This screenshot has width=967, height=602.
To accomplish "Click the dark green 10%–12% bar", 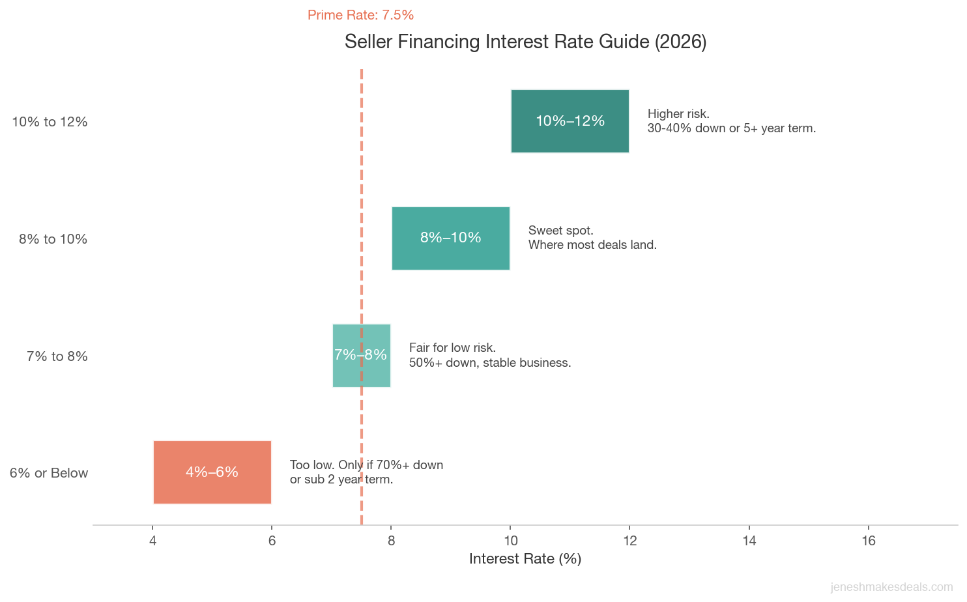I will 570,121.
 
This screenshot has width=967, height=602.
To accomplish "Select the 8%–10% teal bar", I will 450,238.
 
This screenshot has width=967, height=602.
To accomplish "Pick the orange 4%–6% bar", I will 212,472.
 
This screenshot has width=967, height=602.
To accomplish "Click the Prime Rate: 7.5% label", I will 360,15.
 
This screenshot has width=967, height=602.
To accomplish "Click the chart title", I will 525,42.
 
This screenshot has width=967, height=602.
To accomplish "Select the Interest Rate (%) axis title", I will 525,559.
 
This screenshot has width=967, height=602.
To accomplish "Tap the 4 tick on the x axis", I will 152,541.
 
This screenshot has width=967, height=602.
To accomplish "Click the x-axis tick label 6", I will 272,541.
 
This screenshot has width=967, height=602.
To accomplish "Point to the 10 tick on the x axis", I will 510,541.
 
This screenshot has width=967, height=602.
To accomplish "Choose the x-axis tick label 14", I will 749,541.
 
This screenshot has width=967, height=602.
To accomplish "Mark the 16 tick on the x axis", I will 869,541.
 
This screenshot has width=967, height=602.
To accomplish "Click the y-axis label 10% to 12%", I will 50,122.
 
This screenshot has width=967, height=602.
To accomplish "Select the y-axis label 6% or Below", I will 49,473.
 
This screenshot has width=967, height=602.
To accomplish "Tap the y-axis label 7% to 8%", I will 57,356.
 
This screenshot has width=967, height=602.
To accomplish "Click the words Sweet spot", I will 560,231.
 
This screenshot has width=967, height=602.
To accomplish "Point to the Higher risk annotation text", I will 678,114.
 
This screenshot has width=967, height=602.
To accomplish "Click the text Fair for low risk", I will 452,348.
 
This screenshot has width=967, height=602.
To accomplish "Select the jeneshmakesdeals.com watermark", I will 891,588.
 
